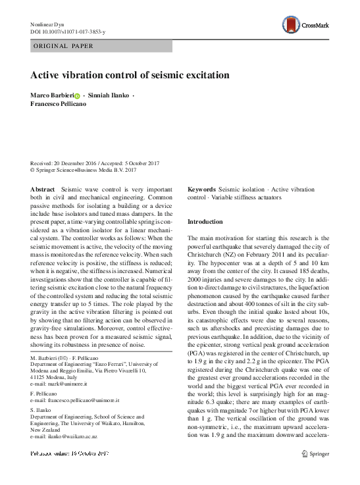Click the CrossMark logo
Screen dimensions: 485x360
(x=324, y=24)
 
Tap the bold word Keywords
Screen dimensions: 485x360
(x=201, y=189)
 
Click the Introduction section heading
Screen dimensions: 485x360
(x=205, y=222)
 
